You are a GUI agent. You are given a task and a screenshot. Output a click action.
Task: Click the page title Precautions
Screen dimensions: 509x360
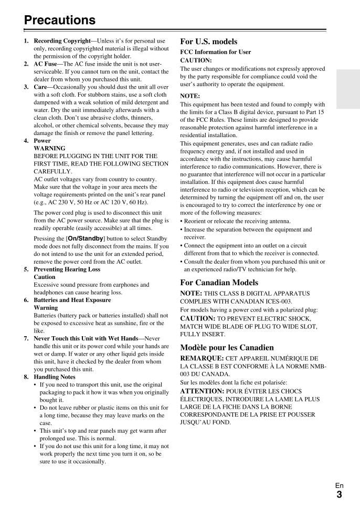(x=60, y=20)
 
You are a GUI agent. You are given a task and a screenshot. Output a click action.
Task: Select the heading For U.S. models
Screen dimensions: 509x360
(x=208, y=41)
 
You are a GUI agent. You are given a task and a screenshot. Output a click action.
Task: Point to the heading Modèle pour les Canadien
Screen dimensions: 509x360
(x=227, y=347)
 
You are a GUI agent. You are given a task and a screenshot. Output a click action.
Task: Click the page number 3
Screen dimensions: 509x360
(x=339, y=494)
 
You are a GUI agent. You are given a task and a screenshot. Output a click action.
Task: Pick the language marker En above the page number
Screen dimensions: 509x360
(x=339, y=486)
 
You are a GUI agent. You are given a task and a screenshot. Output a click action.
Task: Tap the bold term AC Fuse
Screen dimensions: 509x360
(x=45, y=64)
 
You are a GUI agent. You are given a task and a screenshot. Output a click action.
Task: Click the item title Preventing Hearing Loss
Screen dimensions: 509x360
(x=67, y=269)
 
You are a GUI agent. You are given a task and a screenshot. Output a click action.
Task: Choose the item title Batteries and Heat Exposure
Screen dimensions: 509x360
(x=72, y=300)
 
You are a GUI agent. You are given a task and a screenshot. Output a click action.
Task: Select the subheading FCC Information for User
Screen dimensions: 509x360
(x=215, y=52)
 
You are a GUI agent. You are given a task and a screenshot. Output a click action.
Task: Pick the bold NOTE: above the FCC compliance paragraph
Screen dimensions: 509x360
(x=190, y=96)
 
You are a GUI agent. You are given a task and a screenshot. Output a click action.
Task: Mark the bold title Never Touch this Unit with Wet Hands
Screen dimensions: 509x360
(x=86, y=339)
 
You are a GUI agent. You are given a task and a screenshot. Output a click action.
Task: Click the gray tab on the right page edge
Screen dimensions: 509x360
(x=348, y=89)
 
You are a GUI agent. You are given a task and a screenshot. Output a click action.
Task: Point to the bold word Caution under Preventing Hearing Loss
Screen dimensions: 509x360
(x=45, y=277)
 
